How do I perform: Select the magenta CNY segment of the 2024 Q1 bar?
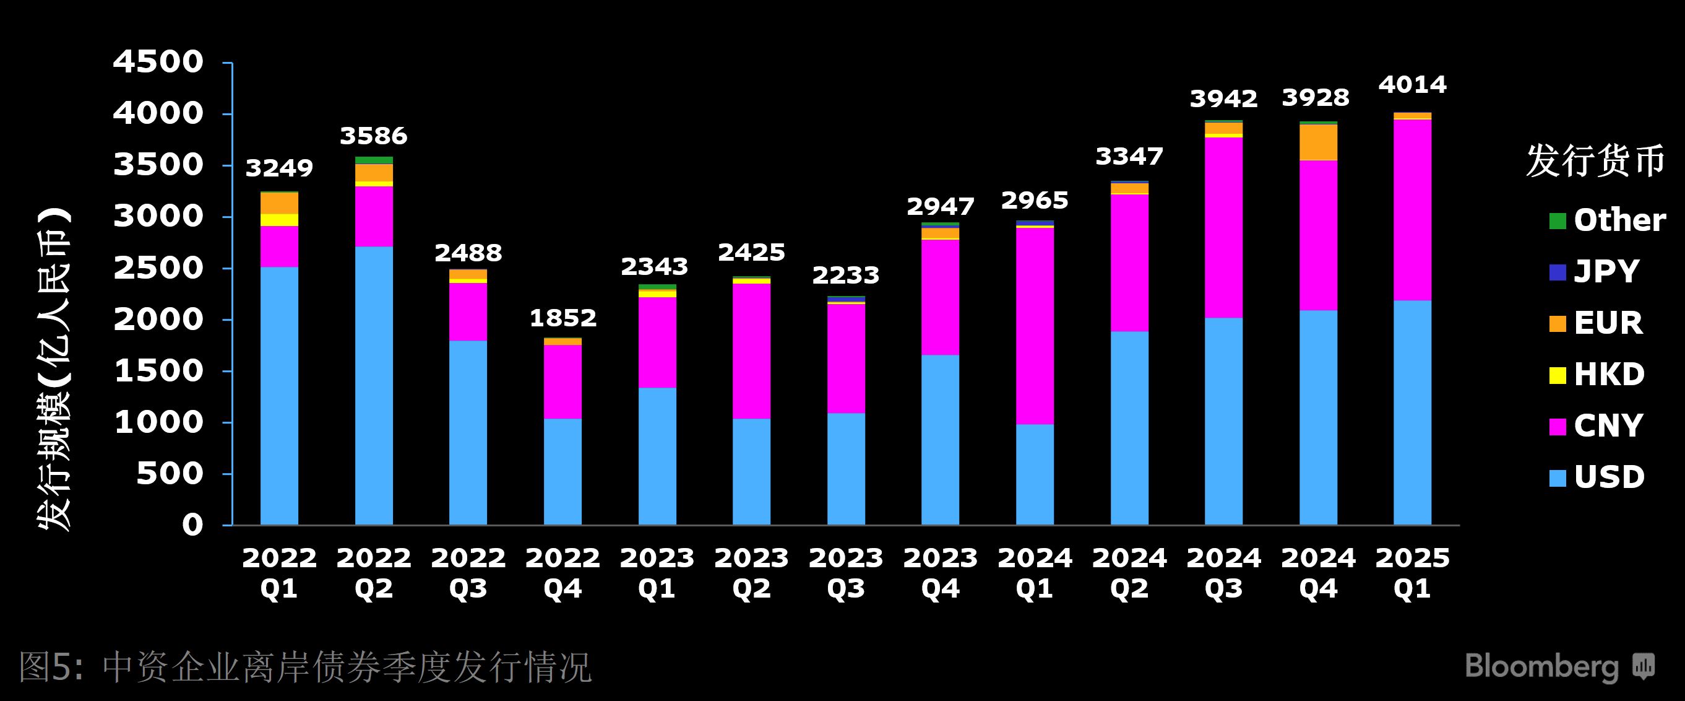(1035, 326)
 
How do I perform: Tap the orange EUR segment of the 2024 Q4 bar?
(1318, 142)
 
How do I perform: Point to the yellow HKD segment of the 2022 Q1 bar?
(279, 220)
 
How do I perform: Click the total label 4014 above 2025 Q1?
(1412, 84)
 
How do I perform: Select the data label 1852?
(562, 318)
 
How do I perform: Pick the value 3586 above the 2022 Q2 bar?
(374, 136)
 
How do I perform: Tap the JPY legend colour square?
(1558, 272)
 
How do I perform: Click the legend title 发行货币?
(1595, 161)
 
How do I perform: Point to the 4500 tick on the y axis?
(158, 62)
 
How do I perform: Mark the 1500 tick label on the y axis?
(158, 371)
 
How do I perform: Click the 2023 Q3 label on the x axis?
(846, 573)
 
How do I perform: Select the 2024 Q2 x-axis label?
(1129, 573)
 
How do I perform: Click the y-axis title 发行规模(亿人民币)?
(55, 370)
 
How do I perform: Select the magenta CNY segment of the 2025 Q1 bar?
(1412, 209)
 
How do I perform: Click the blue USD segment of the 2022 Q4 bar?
(562, 471)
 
